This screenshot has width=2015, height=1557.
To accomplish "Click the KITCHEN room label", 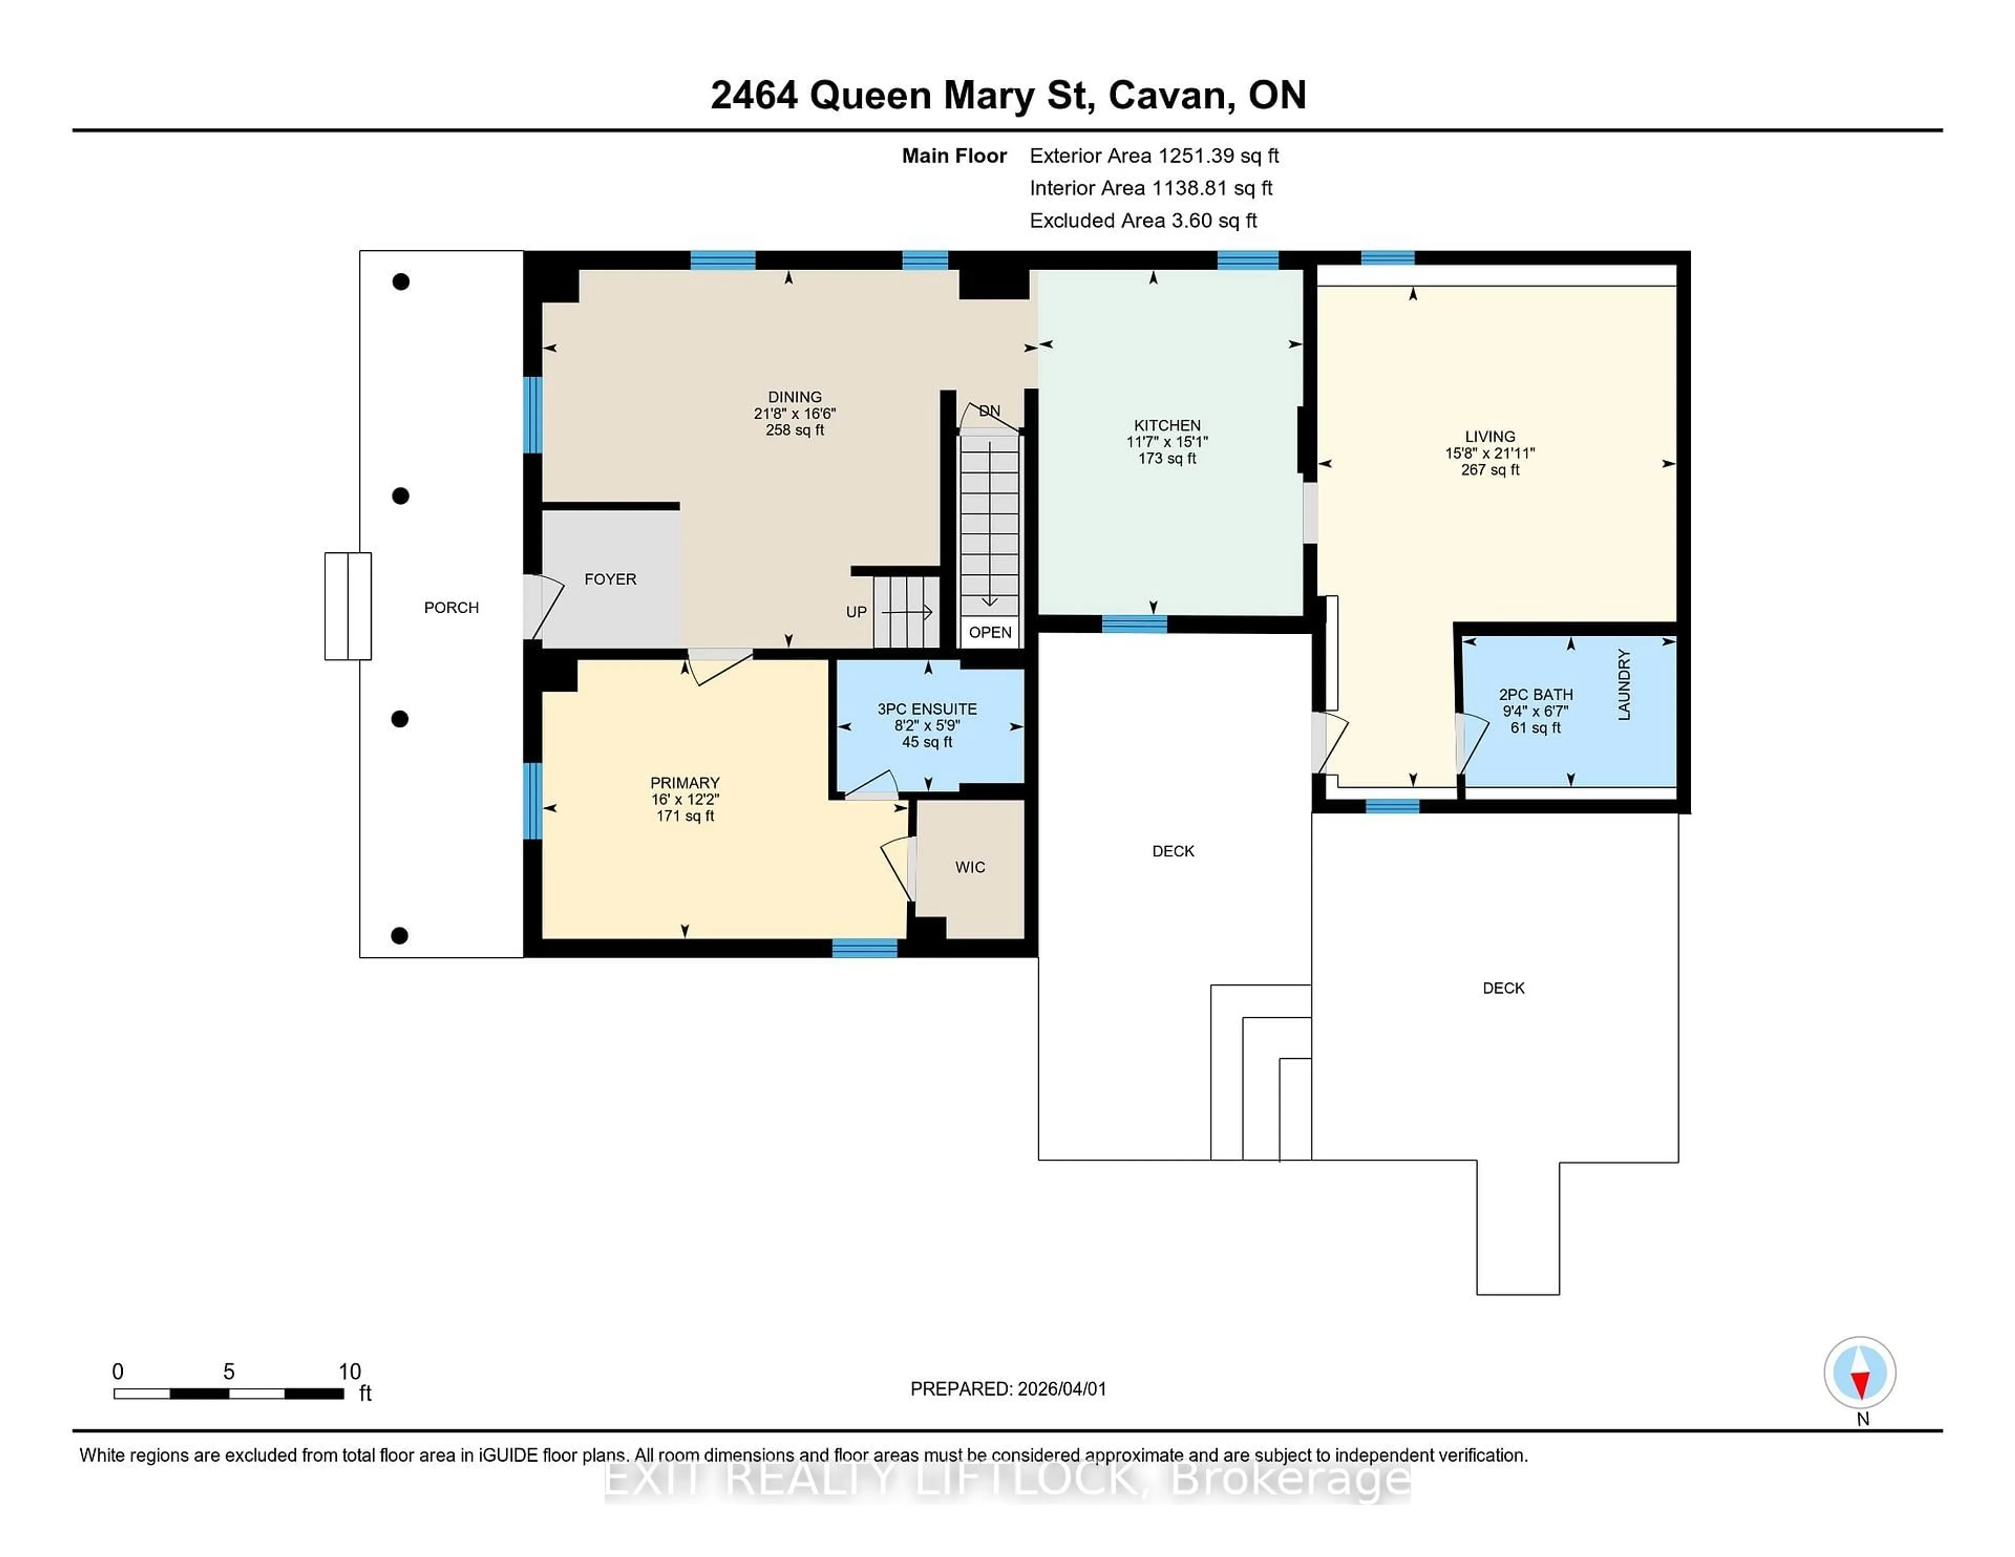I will (x=1167, y=425).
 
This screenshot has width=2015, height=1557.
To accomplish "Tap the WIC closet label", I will (x=970, y=867).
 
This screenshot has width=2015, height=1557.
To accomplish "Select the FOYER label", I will (x=610, y=579).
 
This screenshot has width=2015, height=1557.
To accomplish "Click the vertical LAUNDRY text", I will (x=1624, y=685).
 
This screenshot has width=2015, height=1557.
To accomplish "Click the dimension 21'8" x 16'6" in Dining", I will (x=794, y=414).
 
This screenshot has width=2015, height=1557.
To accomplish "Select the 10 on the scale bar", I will (x=349, y=1372).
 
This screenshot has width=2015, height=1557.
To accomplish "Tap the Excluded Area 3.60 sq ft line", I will (x=1142, y=220).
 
